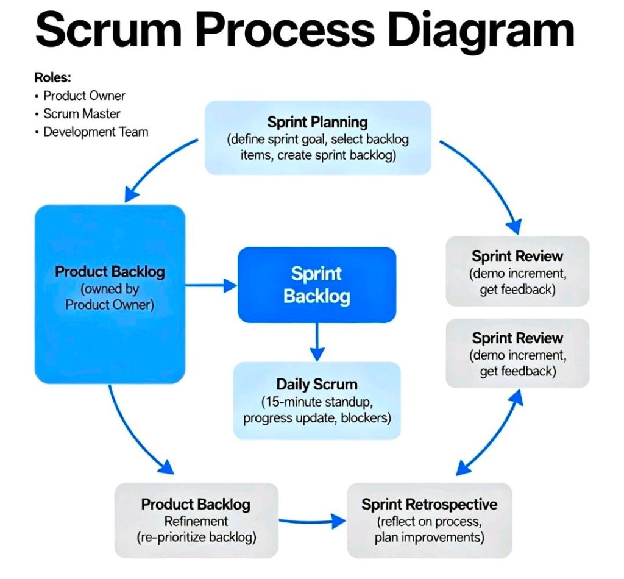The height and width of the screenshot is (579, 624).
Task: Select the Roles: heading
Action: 52,77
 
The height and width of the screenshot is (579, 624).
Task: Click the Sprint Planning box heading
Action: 317,122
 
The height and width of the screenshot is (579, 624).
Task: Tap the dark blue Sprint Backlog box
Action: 317,285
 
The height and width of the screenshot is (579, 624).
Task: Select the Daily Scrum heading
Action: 317,385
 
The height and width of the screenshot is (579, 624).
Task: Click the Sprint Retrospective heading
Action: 429,504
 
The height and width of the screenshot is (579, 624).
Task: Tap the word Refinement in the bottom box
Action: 196,521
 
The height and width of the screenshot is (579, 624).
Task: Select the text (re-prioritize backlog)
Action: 196,538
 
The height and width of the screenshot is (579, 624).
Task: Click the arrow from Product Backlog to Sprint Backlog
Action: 211,285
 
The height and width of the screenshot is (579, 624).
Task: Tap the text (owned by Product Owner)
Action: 110,297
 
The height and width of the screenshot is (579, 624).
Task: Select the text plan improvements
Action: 429,538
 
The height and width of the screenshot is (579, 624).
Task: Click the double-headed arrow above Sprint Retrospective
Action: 489,433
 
